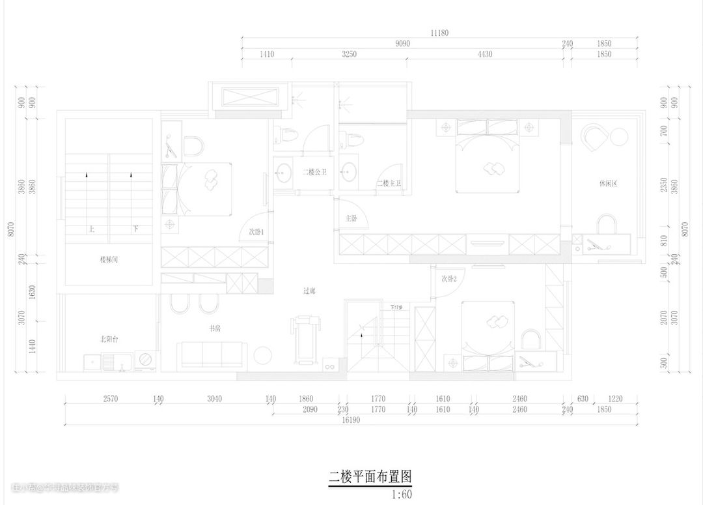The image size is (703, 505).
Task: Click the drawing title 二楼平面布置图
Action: point(370,477)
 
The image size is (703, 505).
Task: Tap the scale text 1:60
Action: point(402,494)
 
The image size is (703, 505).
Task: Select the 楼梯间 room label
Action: point(109,259)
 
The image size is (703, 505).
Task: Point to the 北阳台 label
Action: point(108,339)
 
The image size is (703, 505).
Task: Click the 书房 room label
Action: point(214,328)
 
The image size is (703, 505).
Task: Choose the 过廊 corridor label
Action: point(309,291)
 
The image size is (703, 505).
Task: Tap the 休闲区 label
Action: point(607,184)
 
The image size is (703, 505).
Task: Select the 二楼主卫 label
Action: point(389,184)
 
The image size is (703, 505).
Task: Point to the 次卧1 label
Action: point(256,232)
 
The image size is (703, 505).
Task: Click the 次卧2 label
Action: point(448,279)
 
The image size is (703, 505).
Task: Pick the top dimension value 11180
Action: point(439,33)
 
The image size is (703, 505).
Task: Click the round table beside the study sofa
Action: point(263,356)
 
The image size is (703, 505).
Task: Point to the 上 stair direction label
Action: point(92,229)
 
